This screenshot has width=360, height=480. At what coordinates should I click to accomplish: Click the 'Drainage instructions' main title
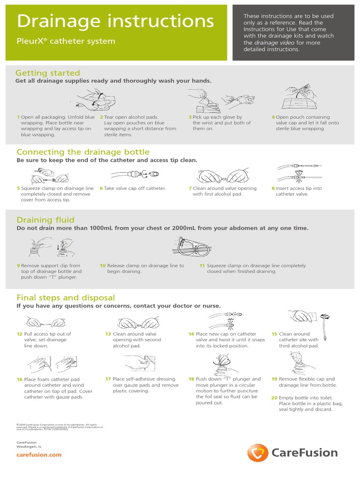(x=115, y=21)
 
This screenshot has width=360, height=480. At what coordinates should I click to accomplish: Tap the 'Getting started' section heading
(x=48, y=73)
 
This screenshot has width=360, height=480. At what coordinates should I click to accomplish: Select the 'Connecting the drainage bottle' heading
(x=83, y=152)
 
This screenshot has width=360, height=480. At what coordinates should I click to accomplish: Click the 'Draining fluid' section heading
(x=45, y=220)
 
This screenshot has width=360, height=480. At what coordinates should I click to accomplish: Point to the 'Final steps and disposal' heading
(x=66, y=298)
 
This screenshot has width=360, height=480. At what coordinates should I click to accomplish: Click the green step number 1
(x=18, y=117)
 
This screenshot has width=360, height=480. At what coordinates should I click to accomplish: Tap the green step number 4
(x=273, y=117)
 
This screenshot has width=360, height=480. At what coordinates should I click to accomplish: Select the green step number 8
(x=273, y=188)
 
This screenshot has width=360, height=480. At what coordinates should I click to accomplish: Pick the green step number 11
(x=202, y=265)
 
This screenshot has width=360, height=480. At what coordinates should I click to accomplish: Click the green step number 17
(x=108, y=379)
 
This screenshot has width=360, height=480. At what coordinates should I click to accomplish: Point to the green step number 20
(x=274, y=397)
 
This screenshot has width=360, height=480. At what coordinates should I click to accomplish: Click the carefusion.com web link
(x=39, y=455)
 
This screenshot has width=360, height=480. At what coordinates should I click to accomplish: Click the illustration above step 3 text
(x=220, y=99)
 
